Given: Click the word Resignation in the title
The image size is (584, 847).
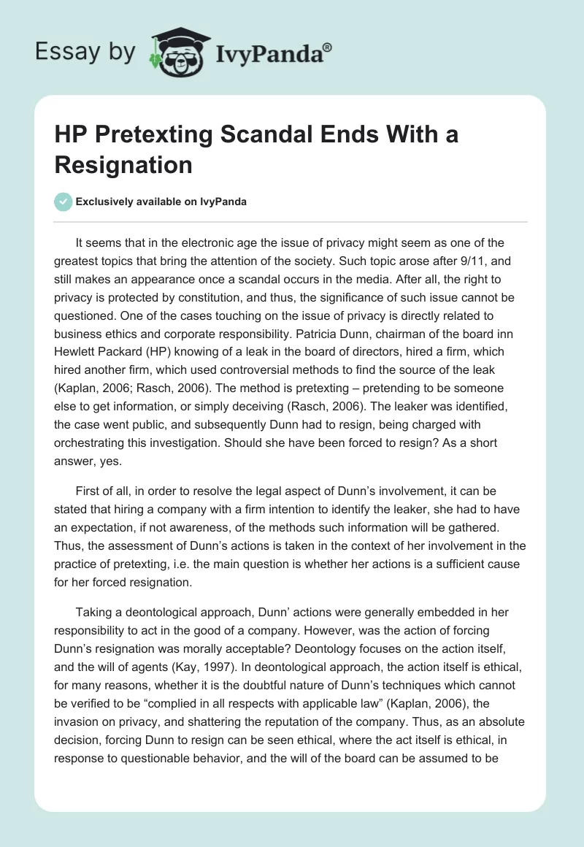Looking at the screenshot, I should (x=123, y=164).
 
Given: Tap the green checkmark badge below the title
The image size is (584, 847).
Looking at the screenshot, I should (x=64, y=202).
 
